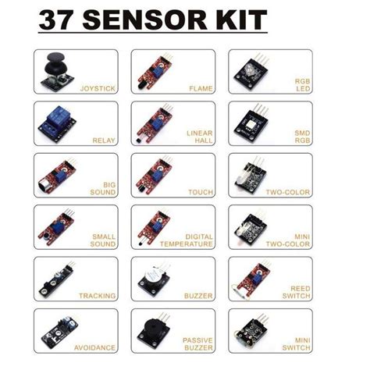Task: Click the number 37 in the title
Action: pos(55,20)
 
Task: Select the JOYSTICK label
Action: pos(98,88)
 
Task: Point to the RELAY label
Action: pos(104,141)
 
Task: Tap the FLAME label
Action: pos(201,89)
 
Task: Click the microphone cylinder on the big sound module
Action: pos(44,185)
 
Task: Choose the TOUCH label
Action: pos(201,192)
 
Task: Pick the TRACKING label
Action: pos(97,296)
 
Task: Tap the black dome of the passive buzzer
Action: pos(151,326)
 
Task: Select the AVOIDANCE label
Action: pos(94,347)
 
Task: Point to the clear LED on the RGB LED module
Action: pos(249,69)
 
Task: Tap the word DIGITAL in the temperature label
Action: pos(199,237)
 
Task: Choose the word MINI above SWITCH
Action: pos(303,340)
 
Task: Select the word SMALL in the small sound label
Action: pos(104,237)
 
